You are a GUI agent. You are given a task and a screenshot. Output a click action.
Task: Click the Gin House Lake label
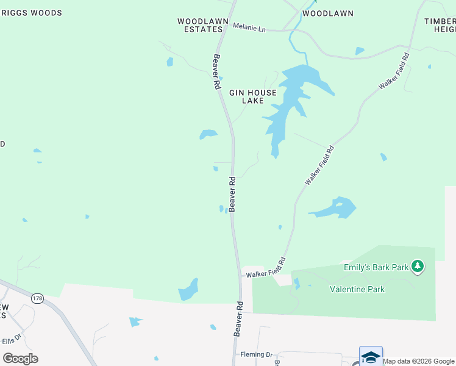coord(252,96)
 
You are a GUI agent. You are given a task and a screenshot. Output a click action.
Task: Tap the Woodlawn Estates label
coord(199,25)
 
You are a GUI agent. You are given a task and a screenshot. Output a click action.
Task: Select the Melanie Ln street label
coord(250,28)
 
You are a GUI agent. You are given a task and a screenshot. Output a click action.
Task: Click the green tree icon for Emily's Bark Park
coord(418,266)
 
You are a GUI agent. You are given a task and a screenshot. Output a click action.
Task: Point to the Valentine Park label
coord(357,289)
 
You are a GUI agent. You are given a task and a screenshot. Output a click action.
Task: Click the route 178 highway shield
coord(38,298)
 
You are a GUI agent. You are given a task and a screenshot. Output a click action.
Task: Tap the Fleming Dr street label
coord(256,354)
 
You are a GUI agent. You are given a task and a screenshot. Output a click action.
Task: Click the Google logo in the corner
coord(20,358)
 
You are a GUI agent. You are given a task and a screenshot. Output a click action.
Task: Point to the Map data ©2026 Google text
coord(418,361)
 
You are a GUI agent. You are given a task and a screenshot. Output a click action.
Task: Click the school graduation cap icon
coord(371,356)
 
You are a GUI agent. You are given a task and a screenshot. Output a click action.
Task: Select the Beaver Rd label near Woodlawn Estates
coord(216,73)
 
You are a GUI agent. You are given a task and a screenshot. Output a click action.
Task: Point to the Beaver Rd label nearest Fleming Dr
coord(238,318)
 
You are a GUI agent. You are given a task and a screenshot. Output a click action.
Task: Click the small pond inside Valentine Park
coord(297,284)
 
